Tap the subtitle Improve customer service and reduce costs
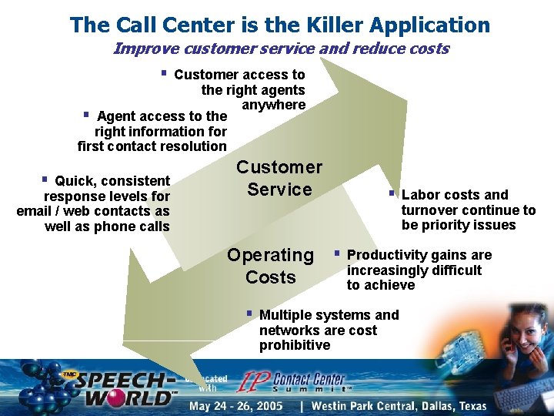pyautogui.click(x=281, y=49)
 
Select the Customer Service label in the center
pyautogui.click(x=279, y=178)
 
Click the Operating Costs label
pyautogui.click(x=270, y=266)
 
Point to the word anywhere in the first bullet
pyautogui.click(x=273, y=105)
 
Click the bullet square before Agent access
pyautogui.click(x=86, y=115)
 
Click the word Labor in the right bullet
pyautogui.click(x=420, y=195)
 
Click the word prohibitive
pyautogui.click(x=295, y=345)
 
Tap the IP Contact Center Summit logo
pyautogui.click(x=292, y=381)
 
